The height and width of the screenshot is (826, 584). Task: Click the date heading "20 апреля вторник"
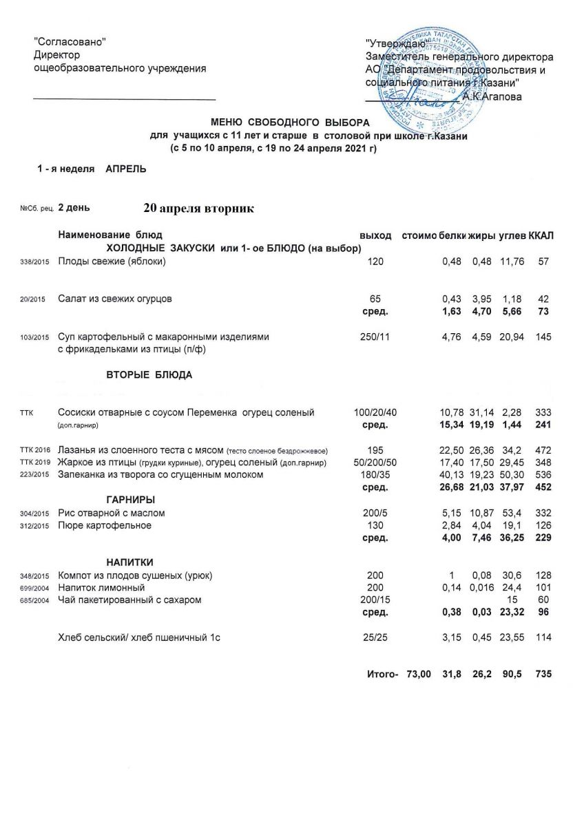(x=199, y=208)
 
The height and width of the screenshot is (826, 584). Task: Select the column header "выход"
(x=375, y=237)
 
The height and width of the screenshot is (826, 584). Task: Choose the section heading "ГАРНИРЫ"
(x=130, y=499)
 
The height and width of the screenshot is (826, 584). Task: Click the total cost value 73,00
(x=419, y=675)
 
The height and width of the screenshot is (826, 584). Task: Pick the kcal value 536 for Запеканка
(x=543, y=474)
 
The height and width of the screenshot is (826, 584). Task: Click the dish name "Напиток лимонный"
(x=101, y=588)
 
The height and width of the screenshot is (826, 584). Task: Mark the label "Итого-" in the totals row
(x=383, y=675)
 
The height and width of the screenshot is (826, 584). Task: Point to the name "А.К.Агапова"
(x=492, y=97)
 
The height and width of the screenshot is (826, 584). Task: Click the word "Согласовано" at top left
(x=70, y=43)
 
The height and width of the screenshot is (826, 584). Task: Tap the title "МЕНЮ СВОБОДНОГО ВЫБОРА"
(x=275, y=123)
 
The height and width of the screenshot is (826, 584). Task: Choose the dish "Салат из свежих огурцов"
(x=115, y=299)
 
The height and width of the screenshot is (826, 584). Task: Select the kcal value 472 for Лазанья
(x=543, y=449)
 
